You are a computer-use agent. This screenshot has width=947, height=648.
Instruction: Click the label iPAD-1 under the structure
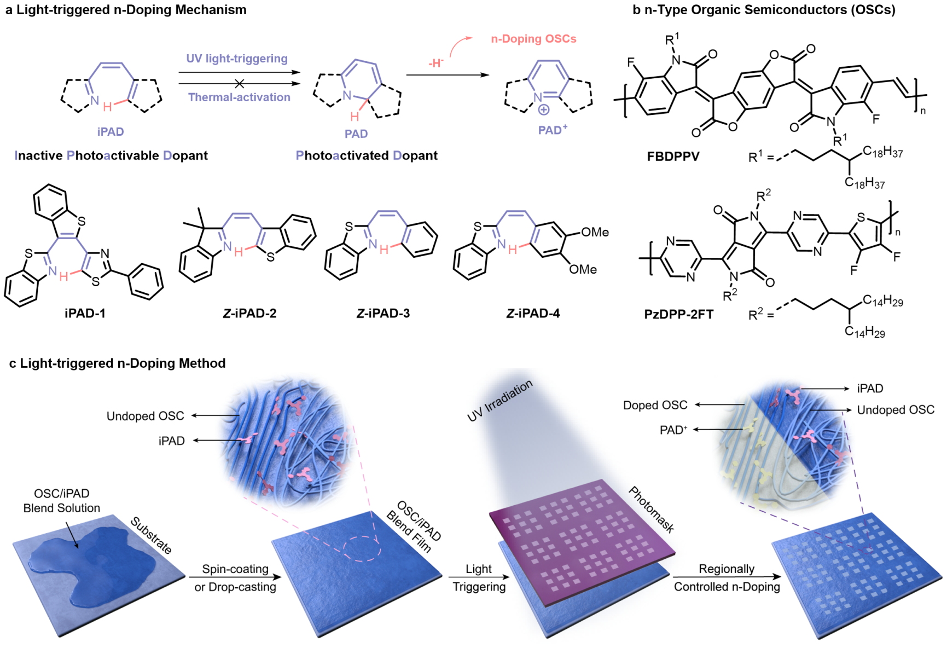click(x=85, y=313)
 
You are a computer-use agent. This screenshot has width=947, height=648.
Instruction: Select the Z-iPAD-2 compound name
click(x=249, y=313)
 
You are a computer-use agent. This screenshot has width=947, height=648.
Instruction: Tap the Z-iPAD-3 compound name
click(x=383, y=313)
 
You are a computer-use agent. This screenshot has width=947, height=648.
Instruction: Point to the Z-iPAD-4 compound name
click(x=533, y=313)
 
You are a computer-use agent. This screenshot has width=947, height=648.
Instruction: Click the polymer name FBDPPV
click(x=673, y=156)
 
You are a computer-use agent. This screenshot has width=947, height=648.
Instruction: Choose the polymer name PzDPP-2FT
click(x=678, y=314)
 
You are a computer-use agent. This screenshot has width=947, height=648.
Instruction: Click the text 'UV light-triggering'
click(x=237, y=59)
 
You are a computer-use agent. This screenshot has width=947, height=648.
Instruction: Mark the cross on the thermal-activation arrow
click(x=239, y=84)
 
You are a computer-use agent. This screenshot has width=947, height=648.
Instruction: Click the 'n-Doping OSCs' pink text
click(x=533, y=39)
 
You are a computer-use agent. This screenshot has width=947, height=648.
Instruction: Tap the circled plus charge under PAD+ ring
click(x=543, y=109)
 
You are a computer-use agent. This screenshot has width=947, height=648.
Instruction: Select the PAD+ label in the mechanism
click(x=553, y=130)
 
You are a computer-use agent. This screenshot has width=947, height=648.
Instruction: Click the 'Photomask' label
click(x=651, y=510)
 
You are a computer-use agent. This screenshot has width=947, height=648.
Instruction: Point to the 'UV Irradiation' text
click(x=499, y=401)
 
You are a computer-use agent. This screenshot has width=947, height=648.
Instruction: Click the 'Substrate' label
click(x=151, y=535)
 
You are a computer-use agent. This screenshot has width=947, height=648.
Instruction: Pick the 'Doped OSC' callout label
click(x=655, y=405)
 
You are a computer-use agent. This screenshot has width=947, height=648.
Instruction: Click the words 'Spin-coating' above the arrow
click(x=235, y=569)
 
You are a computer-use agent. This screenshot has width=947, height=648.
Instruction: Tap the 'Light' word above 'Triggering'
click(x=479, y=569)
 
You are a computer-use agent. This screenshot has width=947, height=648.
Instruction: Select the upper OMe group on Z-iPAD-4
click(x=595, y=232)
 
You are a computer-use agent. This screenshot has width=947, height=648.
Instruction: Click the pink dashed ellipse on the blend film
click(x=362, y=548)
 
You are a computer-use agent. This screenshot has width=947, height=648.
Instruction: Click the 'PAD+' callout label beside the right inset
click(x=673, y=430)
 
